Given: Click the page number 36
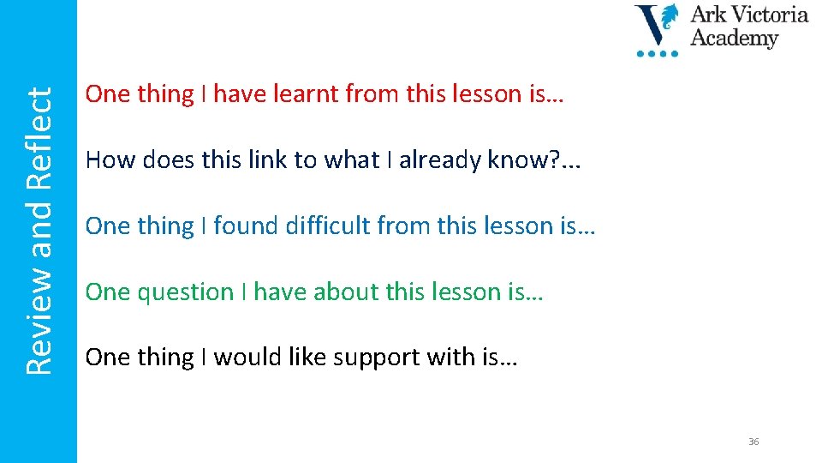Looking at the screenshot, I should (753, 442).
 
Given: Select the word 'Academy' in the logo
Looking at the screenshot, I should (735, 39).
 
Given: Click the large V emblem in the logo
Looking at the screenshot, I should (656, 26).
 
